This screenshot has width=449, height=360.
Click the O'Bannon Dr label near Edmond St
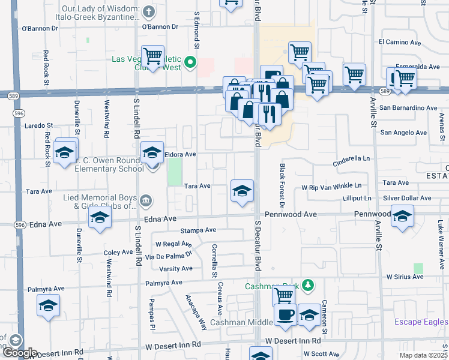(160, 26)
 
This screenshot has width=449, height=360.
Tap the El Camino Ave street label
(400, 42)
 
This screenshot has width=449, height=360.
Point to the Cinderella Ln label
(352, 158)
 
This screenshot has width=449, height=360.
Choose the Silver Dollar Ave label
(407, 198)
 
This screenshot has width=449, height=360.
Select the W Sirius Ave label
(405, 277)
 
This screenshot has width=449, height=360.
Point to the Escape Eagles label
(421, 322)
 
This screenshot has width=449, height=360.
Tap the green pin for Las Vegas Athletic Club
(191, 61)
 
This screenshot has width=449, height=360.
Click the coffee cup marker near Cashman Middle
(285, 314)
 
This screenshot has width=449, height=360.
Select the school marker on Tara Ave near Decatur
(242, 191)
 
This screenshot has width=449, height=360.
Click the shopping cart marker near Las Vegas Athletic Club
(153, 56)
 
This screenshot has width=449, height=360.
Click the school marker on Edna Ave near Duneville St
(100, 218)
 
